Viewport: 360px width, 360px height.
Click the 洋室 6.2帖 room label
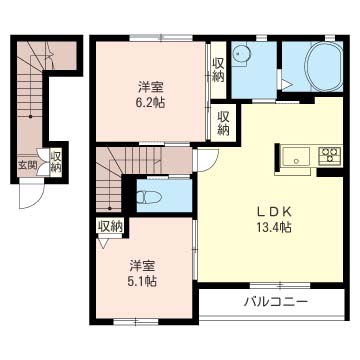[x=151, y=95]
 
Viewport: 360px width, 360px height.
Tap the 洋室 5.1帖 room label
[x=143, y=273]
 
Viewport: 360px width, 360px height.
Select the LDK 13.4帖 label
[x=274, y=219]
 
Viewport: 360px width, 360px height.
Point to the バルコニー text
[x=275, y=303]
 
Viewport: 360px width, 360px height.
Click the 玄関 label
[x=27, y=165]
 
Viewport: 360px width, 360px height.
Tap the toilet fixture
[x=149, y=197]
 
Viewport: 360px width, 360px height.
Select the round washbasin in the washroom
[x=241, y=54]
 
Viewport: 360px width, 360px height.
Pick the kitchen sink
[x=296, y=157]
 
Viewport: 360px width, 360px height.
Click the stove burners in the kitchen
[x=330, y=155]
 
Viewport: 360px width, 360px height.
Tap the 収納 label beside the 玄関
[x=56, y=162]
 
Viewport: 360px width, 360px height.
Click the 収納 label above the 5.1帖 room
[x=110, y=227]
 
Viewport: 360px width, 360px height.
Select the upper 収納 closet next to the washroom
[x=219, y=71]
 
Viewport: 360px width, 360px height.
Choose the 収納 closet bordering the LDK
[x=224, y=123]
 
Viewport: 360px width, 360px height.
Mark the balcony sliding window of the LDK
[x=280, y=285]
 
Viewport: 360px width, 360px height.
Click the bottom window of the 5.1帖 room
[x=136, y=322]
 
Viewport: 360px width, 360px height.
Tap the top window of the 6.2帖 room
[x=161, y=38]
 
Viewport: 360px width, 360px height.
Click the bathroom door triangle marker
[x=286, y=85]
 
